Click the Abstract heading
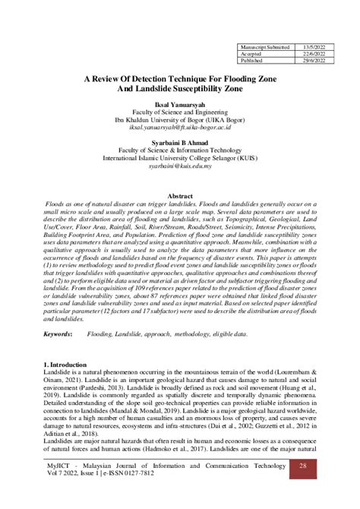coord(179,196)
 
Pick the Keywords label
coord(58,334)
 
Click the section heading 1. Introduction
coord(66,367)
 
